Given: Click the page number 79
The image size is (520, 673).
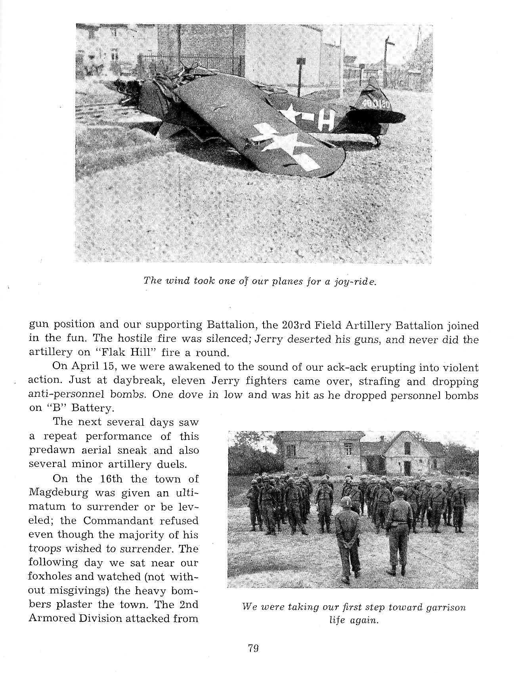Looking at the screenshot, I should [253, 649].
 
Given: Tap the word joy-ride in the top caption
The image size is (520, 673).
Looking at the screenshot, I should [357, 281].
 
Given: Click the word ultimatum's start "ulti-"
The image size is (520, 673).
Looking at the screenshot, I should [185, 493].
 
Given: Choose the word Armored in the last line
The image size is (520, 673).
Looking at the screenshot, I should [53, 618].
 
